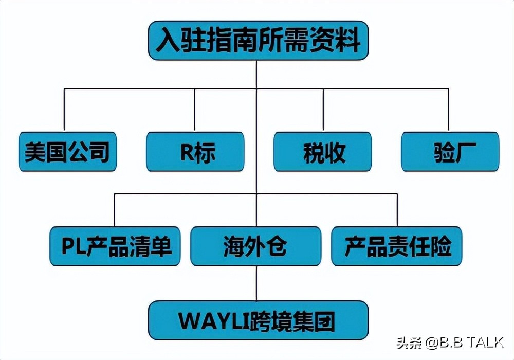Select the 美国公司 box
[67, 152]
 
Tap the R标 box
[195, 152]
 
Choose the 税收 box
[322, 152]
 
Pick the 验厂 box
[450, 152]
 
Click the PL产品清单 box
[115, 246]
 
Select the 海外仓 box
[255, 246]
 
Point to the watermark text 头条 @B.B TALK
[449, 342]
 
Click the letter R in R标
[186, 152]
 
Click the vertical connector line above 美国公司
[64, 110]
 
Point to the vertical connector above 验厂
[449, 110]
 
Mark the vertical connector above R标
[194, 110]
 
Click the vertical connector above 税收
[323, 110]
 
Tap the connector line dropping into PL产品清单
[114, 210]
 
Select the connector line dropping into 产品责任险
[397, 210]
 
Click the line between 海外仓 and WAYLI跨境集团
[256, 283]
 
